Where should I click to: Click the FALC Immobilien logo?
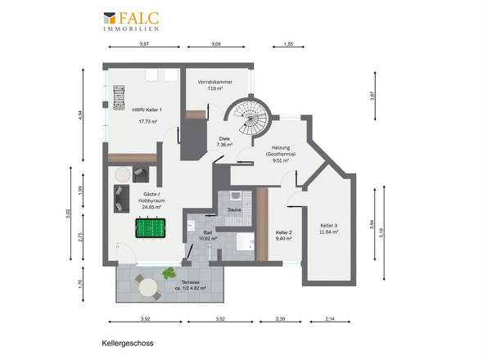click(131, 21)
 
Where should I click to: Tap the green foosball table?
click(151, 228)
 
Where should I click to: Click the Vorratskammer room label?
click(215, 82)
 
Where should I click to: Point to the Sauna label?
click(234, 210)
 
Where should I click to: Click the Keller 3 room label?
click(328, 226)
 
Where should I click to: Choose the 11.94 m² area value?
click(328, 232)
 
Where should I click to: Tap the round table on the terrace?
click(148, 288)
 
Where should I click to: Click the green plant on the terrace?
click(169, 272)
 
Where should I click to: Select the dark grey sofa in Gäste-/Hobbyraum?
click(121, 199)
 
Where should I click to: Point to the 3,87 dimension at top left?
click(144, 43)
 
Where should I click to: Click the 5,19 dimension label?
click(381, 232)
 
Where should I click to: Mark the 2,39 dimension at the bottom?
click(280, 319)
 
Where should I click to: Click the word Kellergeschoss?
click(128, 343)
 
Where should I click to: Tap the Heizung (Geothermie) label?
click(281, 151)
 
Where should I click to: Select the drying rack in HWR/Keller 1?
click(120, 97)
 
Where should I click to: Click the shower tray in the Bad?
click(246, 241)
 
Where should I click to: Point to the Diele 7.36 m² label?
click(224, 142)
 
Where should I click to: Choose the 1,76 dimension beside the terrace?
click(81, 283)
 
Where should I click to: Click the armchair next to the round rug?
click(141, 174)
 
